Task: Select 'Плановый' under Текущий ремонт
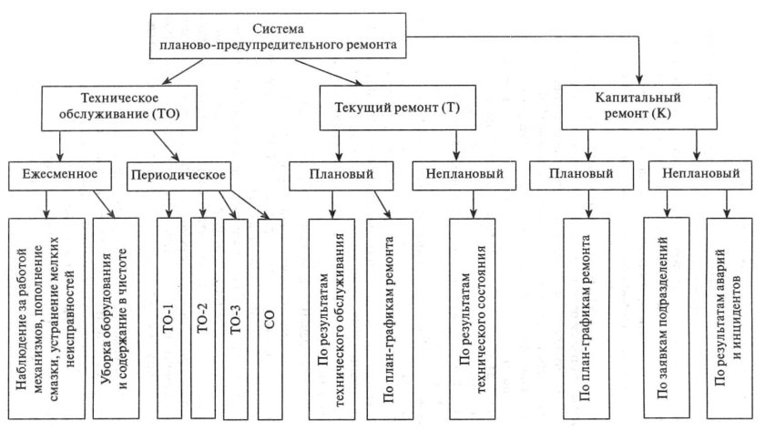tap(336, 172)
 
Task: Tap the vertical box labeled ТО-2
tap(203, 319)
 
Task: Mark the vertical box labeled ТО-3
tap(236, 319)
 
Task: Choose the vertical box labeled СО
tap(270, 319)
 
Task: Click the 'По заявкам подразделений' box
tap(665, 319)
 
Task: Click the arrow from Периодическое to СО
tap(246, 203)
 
